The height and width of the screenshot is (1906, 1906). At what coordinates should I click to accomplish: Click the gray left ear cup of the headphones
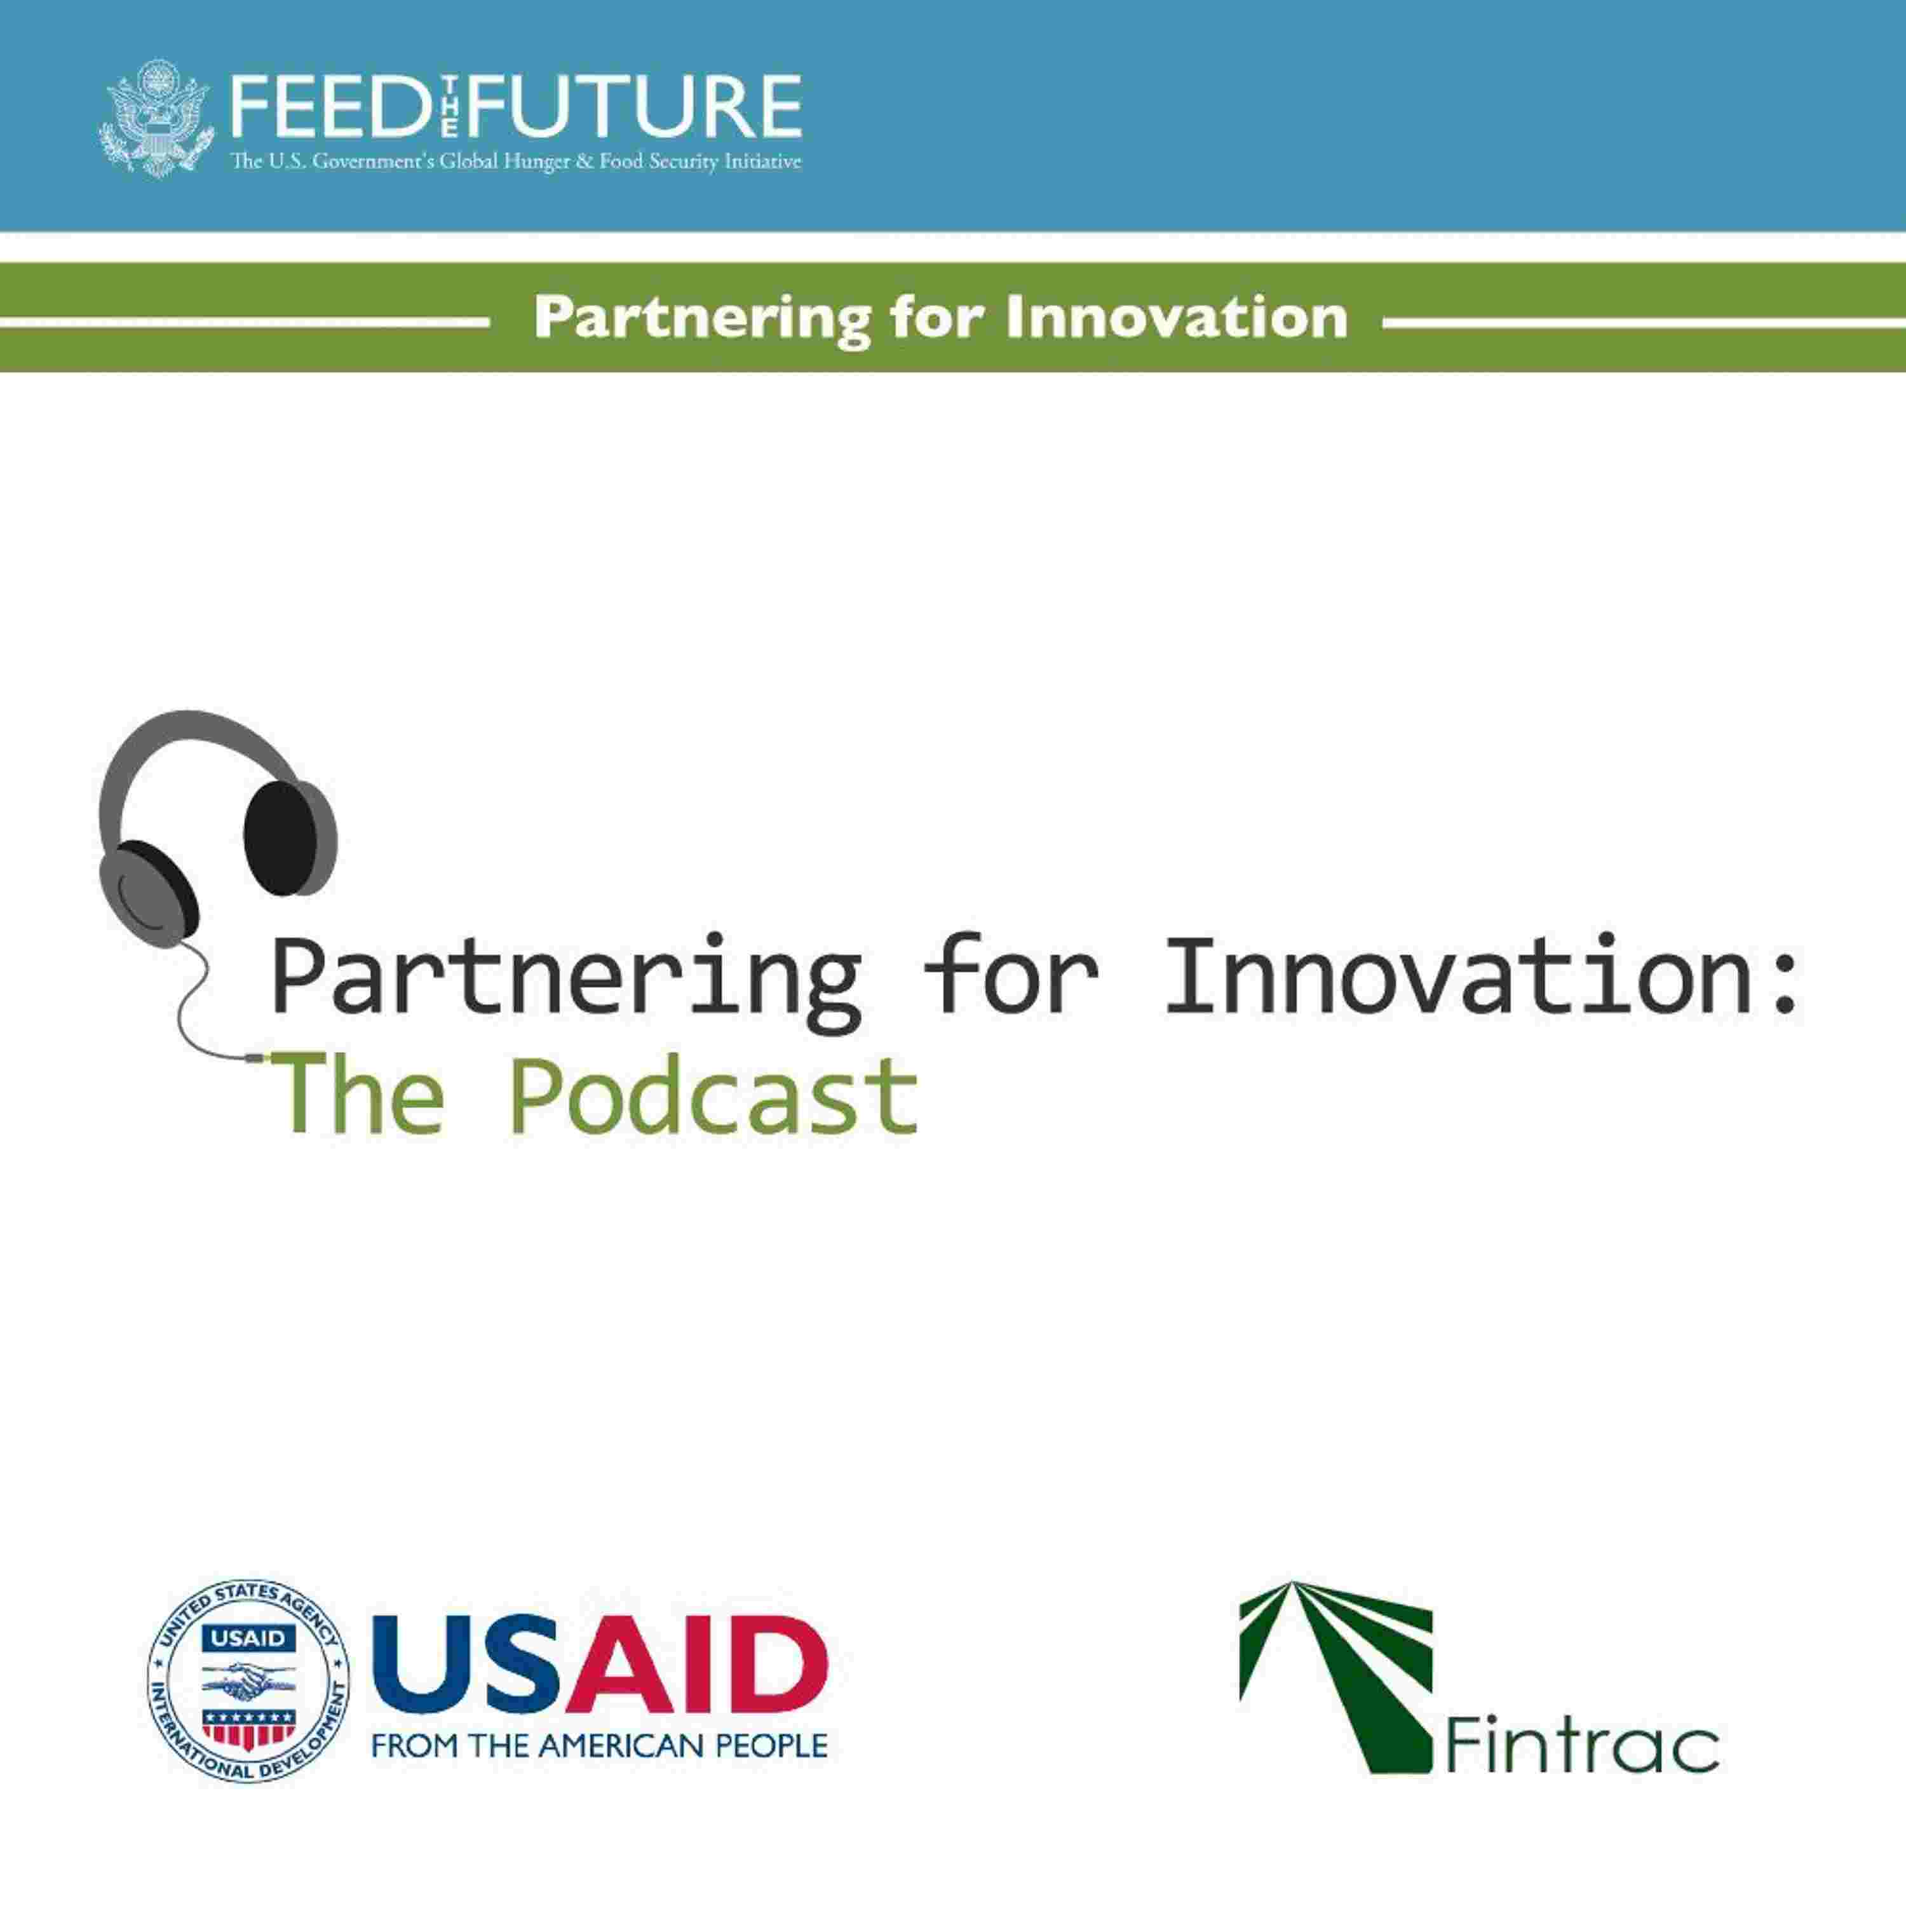pyautogui.click(x=150, y=890)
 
